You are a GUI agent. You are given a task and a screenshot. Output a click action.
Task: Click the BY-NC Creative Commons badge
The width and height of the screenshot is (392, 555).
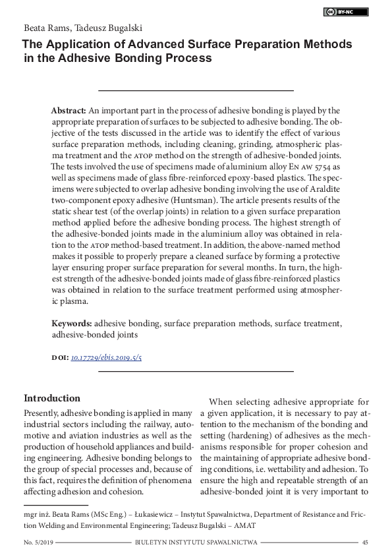(346, 12)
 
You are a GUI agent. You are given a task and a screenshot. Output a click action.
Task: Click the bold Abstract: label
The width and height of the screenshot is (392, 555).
(69, 111)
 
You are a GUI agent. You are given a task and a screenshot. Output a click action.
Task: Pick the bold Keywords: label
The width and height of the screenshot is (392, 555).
(72, 324)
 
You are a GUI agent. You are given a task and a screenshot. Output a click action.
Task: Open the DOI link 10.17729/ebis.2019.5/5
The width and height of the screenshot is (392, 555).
(106, 357)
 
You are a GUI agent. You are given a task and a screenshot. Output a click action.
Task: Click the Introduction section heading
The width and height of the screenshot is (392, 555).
(52, 399)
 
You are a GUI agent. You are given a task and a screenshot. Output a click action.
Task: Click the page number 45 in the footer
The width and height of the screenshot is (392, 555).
(365, 542)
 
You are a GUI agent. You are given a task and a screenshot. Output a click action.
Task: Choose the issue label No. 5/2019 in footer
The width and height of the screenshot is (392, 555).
(38, 542)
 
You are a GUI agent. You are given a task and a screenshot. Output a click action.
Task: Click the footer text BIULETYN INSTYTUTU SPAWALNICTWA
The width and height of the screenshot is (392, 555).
(195, 542)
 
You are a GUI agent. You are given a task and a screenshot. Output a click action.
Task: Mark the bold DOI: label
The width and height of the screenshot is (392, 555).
(59, 357)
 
